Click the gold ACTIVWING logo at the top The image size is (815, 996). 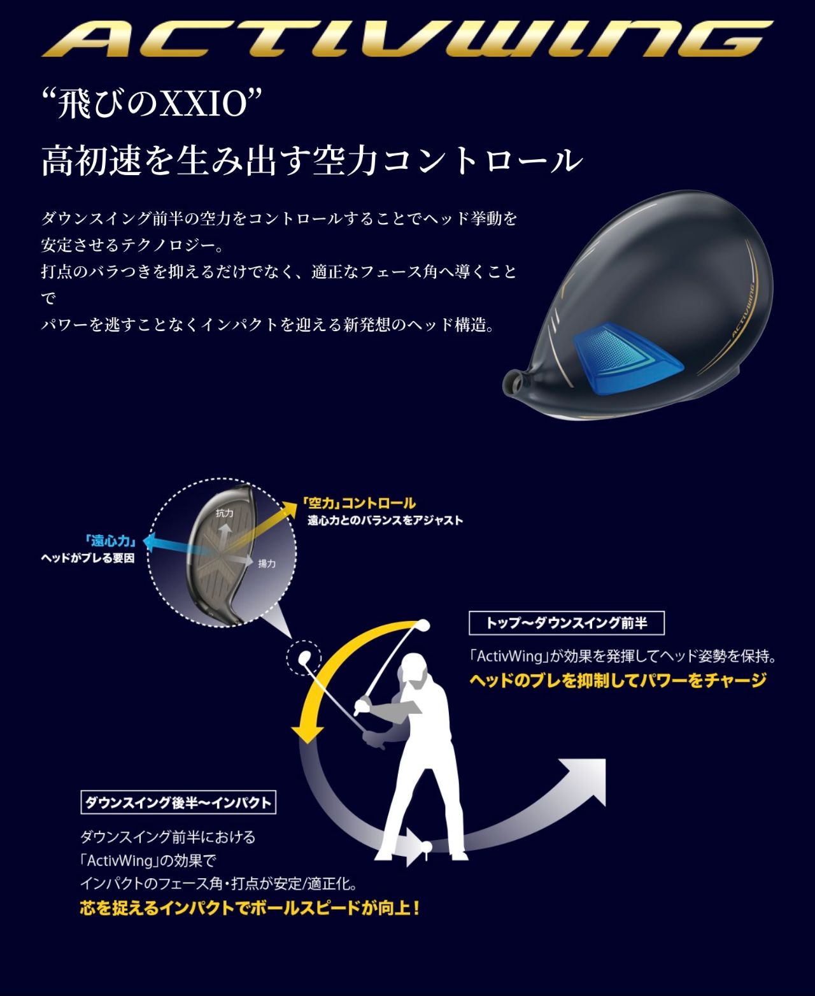click(407, 39)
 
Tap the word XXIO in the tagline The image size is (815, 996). click(203, 104)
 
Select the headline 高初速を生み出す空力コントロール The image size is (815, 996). click(312, 161)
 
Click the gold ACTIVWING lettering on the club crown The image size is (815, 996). click(743, 311)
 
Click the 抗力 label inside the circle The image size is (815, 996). click(224, 513)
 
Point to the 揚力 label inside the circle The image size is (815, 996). click(267, 564)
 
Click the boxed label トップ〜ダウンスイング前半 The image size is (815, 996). click(567, 623)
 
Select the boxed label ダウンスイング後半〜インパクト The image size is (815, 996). click(178, 802)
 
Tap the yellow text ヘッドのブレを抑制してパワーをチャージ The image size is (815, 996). click(618, 681)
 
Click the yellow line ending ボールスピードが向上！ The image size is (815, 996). click(250, 907)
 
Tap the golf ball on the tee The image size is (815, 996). click(428, 845)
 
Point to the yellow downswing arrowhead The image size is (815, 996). click(308, 732)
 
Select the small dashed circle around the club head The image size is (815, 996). click(304, 658)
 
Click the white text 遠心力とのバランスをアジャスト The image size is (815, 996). click(385, 520)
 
